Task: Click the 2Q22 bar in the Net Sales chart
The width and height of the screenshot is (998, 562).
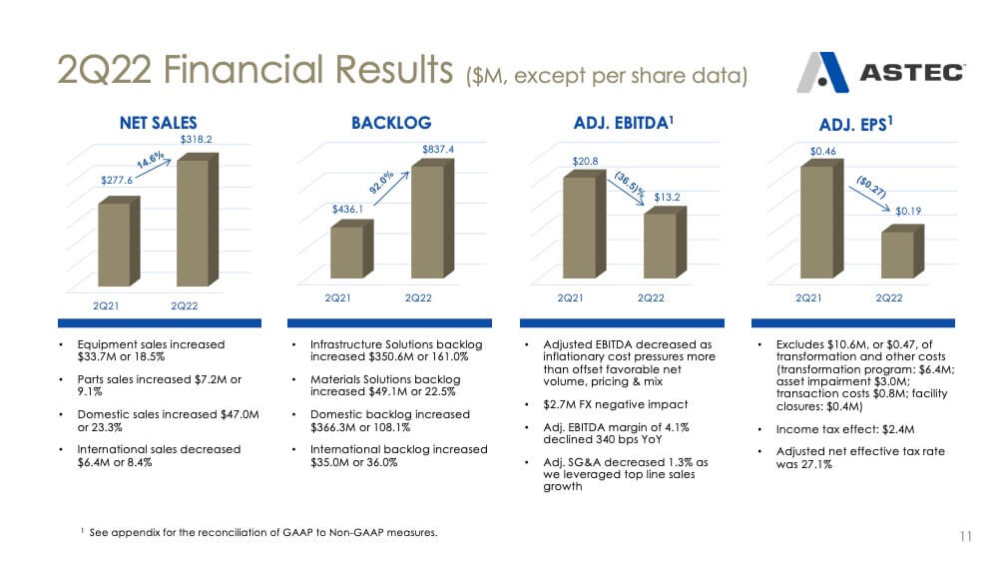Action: (198, 220)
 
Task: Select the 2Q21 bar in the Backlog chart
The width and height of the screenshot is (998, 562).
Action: (351, 250)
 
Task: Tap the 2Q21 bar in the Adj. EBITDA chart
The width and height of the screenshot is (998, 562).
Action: (584, 225)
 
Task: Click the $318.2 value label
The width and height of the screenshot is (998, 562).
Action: (196, 140)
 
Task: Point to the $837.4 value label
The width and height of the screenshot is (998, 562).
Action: (438, 150)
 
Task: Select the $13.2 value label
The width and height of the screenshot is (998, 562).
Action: (667, 198)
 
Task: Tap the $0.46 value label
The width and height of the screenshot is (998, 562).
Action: (823, 152)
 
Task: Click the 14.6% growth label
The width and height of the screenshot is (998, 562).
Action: (151, 160)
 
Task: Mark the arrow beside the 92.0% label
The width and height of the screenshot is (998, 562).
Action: (391, 189)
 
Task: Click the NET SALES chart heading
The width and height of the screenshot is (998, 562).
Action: (159, 123)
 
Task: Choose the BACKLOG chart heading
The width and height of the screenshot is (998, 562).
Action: (391, 123)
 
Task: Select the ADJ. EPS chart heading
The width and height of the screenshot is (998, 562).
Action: (855, 124)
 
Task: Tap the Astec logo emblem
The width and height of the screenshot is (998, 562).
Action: (823, 73)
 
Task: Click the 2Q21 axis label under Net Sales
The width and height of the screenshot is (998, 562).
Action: (106, 306)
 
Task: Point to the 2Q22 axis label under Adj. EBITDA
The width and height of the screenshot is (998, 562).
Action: (651, 297)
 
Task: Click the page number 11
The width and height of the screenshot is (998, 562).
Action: (965, 536)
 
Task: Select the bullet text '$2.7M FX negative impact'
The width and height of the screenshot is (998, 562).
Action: (616, 405)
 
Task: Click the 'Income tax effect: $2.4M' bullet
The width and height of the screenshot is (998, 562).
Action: (845, 429)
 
